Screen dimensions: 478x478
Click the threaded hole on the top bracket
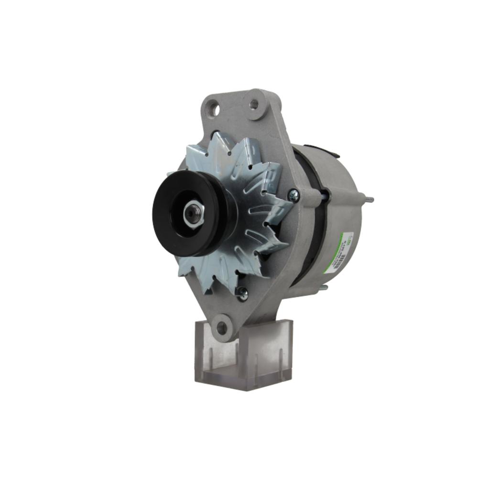pos(254,103)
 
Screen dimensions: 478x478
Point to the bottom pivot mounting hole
pos(221,328)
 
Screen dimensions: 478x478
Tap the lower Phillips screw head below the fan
pos(243,294)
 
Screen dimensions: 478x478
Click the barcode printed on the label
pos(340,262)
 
